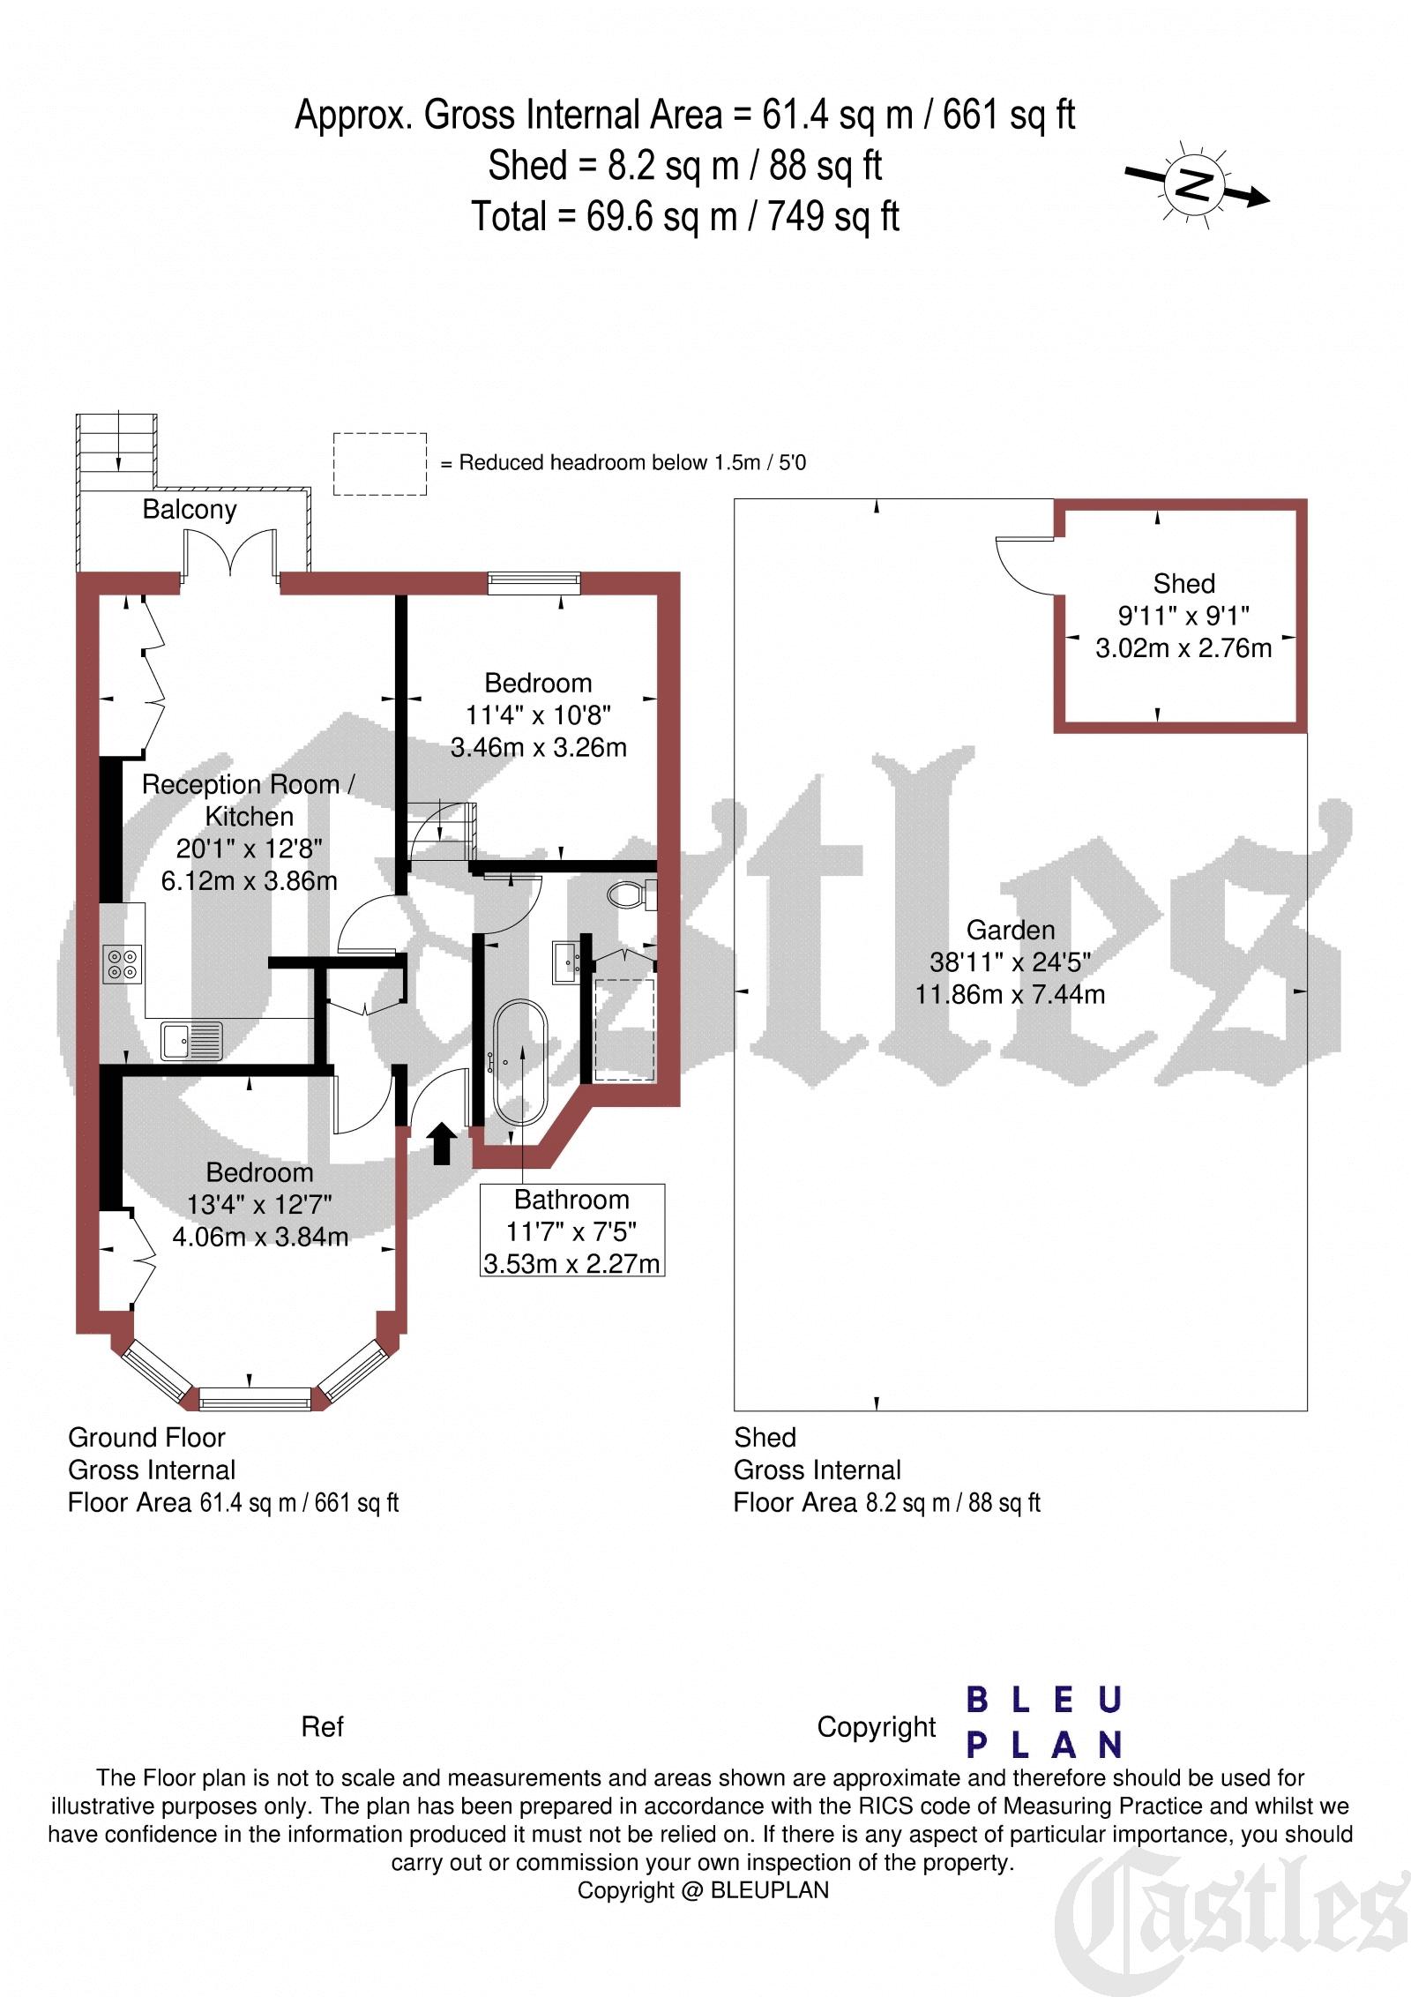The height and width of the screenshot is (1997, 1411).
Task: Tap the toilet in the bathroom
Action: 632,894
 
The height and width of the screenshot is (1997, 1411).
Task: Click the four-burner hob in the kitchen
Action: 123,963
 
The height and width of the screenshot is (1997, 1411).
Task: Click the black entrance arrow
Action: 442,1144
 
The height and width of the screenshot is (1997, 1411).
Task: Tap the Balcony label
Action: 190,510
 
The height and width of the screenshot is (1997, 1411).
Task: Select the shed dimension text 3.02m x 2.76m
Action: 1183,648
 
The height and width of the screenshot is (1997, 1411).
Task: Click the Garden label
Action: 1011,930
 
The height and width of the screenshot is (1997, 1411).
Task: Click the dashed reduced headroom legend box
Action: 380,464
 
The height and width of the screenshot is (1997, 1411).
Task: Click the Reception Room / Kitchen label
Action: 248,800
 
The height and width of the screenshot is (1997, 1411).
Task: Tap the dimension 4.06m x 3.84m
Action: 260,1237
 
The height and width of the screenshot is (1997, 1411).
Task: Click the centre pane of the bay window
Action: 255,1399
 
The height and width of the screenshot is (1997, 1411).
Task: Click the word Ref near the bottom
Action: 322,1727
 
